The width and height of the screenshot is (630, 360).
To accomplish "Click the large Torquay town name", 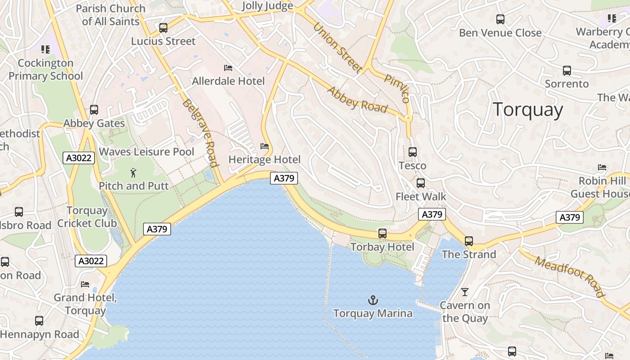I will [x=527, y=110].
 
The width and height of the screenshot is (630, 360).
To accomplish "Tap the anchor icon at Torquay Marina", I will [x=373, y=300].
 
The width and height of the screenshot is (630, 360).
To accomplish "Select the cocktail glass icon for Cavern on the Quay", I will [x=465, y=292].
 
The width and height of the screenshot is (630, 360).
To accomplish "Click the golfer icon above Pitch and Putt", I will [x=133, y=173].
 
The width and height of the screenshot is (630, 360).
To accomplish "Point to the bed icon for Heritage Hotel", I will [x=265, y=146].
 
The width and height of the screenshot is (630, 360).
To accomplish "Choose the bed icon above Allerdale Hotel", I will [x=228, y=68].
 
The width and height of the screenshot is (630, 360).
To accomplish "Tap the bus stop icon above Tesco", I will [x=412, y=152].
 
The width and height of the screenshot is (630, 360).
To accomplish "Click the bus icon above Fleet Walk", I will [x=420, y=183].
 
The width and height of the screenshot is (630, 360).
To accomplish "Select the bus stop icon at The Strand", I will [x=469, y=241].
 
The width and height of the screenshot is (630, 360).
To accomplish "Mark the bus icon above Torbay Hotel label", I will [x=382, y=234].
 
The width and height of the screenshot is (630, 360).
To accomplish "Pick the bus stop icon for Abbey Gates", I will [x=94, y=110].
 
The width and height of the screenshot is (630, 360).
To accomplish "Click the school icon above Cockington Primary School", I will [x=45, y=49].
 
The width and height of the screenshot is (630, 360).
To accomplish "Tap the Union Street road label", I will [x=337, y=48].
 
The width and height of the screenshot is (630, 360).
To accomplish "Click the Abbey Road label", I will [x=357, y=99].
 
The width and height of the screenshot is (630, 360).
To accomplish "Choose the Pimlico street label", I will [x=397, y=88].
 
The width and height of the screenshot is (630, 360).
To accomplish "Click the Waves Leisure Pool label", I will [x=147, y=152].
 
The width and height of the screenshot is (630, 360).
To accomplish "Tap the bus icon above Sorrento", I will [x=567, y=71].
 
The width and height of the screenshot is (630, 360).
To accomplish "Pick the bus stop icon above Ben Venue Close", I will [x=500, y=19].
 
